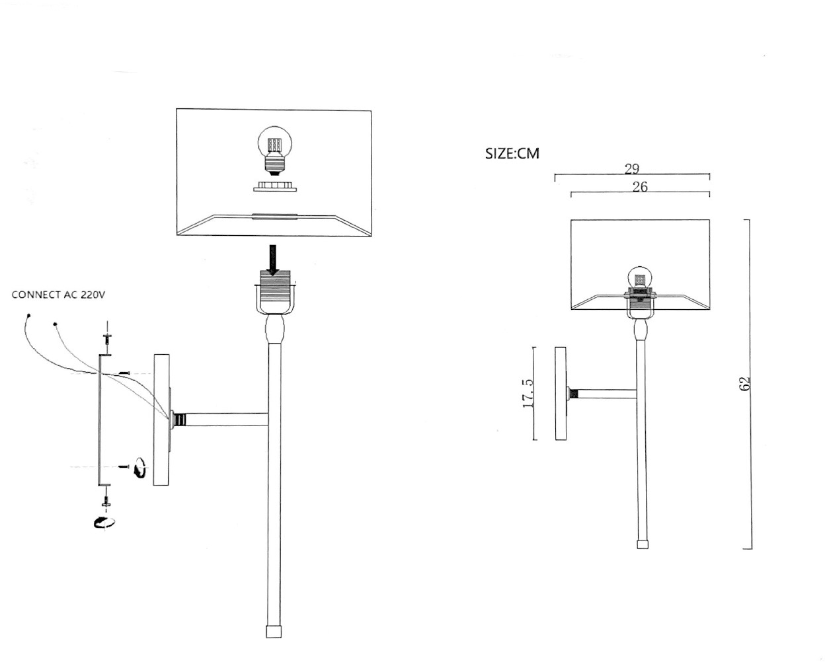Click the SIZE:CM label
(512, 153)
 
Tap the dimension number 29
(632, 168)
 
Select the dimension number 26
(640, 186)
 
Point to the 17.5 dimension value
(528, 393)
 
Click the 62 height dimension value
(743, 383)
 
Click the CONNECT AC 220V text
(58, 295)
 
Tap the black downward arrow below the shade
(272, 260)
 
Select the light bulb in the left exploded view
(274, 151)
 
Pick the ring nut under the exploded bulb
(274, 186)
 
